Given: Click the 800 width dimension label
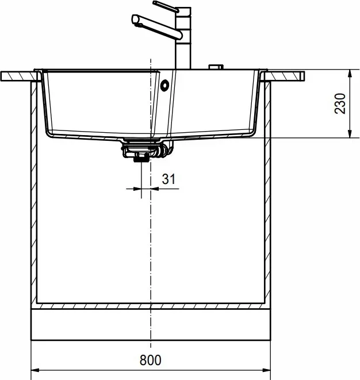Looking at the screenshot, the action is point(150,360).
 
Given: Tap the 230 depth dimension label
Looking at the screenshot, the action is point(340,103).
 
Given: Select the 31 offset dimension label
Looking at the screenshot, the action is point(168,179).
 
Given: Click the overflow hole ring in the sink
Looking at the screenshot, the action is point(164,85).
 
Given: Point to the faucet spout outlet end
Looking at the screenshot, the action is point(135,20).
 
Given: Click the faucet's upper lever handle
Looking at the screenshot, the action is point(166,7).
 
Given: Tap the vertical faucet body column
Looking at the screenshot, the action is point(183,38).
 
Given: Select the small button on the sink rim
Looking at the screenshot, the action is point(216,67).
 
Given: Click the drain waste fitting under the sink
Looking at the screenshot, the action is point(147,148).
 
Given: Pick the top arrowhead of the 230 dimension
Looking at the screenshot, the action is point(350,74).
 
